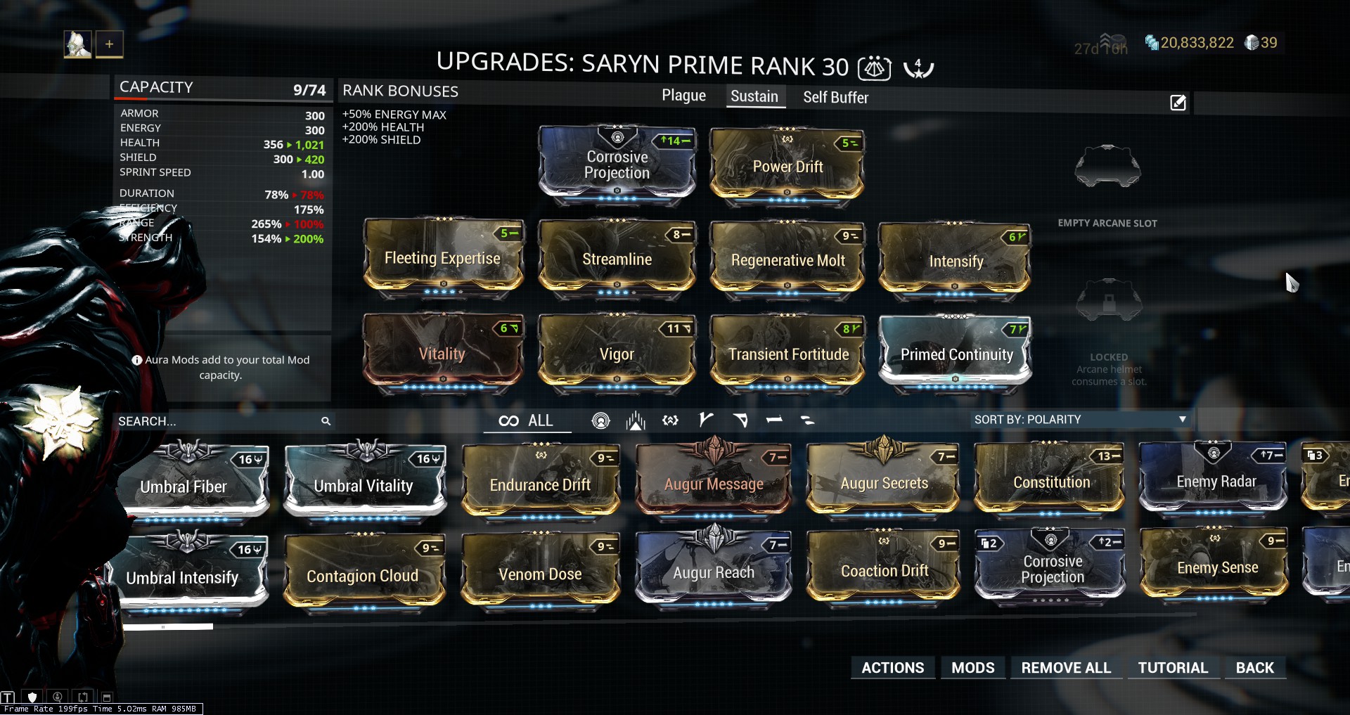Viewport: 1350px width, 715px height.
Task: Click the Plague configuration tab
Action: pos(683,96)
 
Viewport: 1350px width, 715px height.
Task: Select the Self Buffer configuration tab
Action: pos(835,98)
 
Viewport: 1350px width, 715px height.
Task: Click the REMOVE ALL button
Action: pos(1066,668)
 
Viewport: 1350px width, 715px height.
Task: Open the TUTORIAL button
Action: pos(1173,668)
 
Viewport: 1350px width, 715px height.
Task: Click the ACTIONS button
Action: pos(892,668)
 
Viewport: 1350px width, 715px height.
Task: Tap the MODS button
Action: pos(972,668)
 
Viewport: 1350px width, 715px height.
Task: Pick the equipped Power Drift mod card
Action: pos(787,167)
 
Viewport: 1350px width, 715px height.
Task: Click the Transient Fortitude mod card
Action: pos(787,353)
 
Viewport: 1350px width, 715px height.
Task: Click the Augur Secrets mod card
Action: pos(884,482)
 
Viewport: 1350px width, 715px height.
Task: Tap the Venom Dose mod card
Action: pos(540,573)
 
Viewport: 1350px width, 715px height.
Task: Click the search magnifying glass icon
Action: pos(326,421)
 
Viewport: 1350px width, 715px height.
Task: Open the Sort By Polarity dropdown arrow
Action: pos(1183,419)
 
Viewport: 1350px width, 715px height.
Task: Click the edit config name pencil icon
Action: pos(1178,103)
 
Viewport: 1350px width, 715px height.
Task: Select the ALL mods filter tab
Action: pos(527,420)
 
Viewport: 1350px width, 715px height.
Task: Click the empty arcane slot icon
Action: pos(1107,167)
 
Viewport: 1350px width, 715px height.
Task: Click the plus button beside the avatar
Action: pos(110,44)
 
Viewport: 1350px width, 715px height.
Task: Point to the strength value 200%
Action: pos(308,239)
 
